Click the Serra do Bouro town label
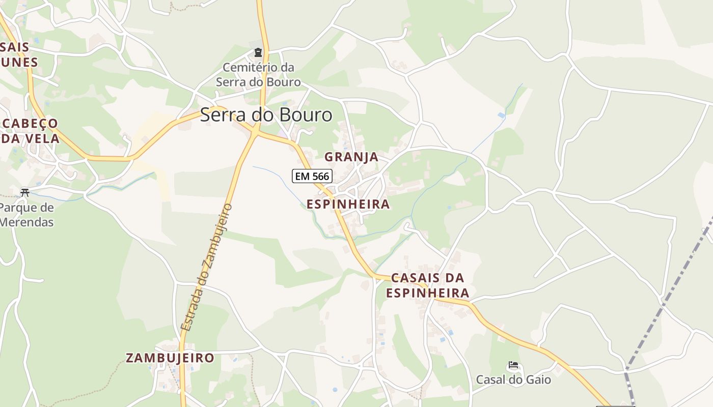[266, 115]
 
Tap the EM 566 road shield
[312, 176]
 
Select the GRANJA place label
[351, 157]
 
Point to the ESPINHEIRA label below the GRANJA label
[348, 205]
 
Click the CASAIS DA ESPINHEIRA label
[427, 285]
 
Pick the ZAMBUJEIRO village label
[170, 358]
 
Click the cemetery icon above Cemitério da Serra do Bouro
[258, 52]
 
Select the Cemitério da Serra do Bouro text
[258, 75]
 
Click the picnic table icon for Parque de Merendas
[24, 192]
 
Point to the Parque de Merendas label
[26, 215]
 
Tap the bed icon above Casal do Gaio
[513, 365]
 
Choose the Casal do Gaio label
[513, 380]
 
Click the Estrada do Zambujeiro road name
[206, 267]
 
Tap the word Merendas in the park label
[26, 222]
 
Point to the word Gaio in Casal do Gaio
[539, 380]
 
